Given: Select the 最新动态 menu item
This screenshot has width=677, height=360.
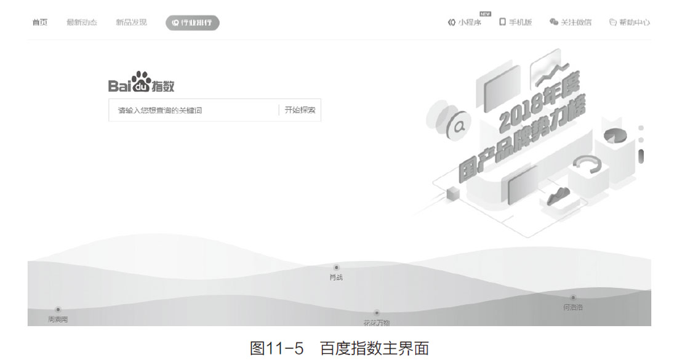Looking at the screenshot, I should pyautogui.click(x=82, y=23).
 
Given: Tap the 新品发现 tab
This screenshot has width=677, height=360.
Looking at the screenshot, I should pyautogui.click(x=131, y=23).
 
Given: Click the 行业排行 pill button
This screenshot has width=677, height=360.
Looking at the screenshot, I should pyautogui.click(x=192, y=23).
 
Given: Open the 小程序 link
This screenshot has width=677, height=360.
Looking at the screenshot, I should pyautogui.click(x=465, y=23).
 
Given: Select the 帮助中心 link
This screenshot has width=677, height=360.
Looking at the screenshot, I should pyautogui.click(x=629, y=23).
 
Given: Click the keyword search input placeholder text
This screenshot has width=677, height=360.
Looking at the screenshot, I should pyautogui.click(x=160, y=111).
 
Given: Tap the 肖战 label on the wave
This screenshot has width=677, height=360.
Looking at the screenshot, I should pyautogui.click(x=336, y=278).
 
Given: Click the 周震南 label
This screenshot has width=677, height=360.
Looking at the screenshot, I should pyautogui.click(x=58, y=319).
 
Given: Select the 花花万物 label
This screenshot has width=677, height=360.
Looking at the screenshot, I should pyautogui.click(x=377, y=322).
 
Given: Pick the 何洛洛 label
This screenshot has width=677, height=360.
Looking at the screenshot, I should pyautogui.click(x=573, y=307).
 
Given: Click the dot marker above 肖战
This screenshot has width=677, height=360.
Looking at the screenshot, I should pyautogui.click(x=336, y=268).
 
